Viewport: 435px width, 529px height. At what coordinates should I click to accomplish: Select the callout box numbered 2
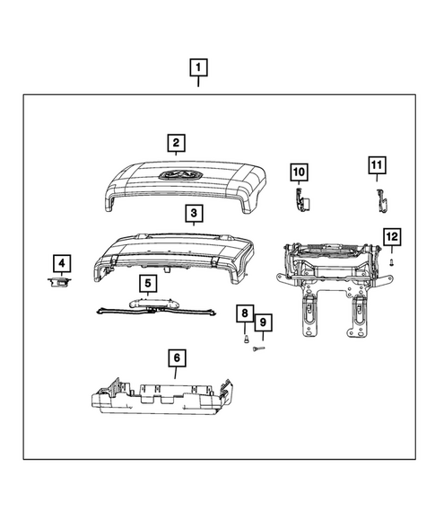click(176, 142)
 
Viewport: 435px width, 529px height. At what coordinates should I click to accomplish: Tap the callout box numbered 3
click(193, 214)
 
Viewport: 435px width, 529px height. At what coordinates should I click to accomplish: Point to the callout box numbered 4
click(61, 263)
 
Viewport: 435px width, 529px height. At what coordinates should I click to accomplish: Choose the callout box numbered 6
click(176, 358)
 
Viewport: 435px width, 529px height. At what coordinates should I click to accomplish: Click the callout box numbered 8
click(244, 313)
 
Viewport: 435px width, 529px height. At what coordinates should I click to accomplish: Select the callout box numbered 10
click(299, 171)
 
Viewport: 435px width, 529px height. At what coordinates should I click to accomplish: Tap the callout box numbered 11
click(378, 165)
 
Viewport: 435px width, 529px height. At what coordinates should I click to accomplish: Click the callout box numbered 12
click(392, 237)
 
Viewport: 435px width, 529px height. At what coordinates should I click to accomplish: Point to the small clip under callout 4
click(59, 283)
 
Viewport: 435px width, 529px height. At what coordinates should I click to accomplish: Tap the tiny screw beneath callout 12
click(392, 260)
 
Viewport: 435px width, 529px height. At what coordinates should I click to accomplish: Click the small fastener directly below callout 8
click(244, 340)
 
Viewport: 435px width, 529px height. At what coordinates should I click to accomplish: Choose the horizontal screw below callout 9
click(261, 348)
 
